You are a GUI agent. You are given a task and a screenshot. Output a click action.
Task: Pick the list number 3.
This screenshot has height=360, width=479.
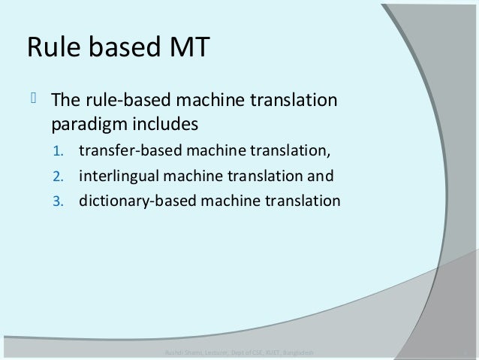pos(59,201)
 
